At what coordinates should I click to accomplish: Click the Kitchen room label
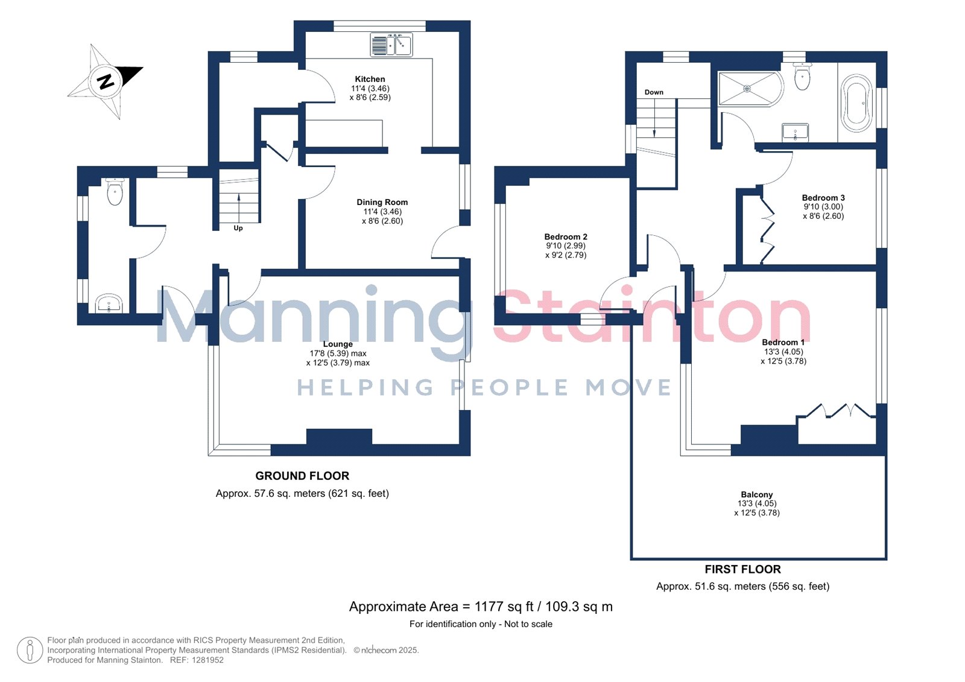tap(370, 79)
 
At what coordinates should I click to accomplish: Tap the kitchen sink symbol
tap(391, 45)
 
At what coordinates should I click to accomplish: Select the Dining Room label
tap(382, 202)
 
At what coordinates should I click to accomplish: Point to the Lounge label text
tap(338, 344)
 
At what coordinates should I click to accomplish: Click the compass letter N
tap(106, 81)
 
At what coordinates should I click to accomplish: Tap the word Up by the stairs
tap(238, 229)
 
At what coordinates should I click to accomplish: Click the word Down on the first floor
tap(654, 92)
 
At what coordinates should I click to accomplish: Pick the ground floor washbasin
tap(109, 304)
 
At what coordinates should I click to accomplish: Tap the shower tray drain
tap(747, 89)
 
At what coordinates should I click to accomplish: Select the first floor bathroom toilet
tap(802, 76)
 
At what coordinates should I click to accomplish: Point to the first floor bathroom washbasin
tap(796, 132)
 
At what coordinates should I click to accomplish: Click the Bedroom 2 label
tap(566, 237)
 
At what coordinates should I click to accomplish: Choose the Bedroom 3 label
tap(823, 198)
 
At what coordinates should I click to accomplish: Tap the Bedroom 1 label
tap(783, 343)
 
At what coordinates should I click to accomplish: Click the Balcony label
tap(757, 494)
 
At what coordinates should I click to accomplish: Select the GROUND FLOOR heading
tap(302, 476)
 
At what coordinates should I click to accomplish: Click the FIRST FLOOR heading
tap(742, 570)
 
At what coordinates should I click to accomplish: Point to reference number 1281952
tap(207, 660)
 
